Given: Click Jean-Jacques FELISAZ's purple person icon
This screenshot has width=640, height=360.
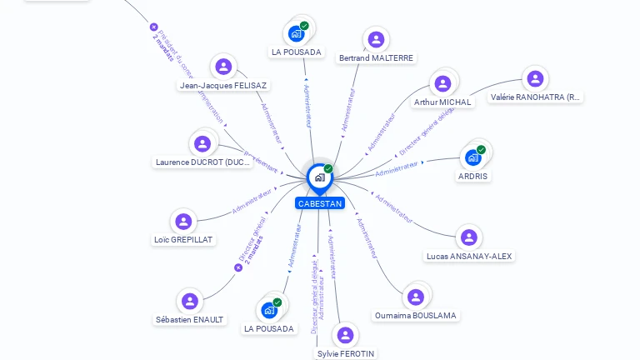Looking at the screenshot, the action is (223, 67).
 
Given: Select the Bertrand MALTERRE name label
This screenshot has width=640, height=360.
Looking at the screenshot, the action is (376, 57).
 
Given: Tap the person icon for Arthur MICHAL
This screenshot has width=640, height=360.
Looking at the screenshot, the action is (442, 83).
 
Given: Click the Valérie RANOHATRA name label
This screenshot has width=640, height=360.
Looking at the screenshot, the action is (535, 97).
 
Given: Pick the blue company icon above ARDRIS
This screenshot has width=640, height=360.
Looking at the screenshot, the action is (472, 157).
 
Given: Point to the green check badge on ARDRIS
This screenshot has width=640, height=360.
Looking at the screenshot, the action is (481, 150).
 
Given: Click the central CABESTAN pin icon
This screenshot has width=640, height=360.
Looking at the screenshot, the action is (318, 177).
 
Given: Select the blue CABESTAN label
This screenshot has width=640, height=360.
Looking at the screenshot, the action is (319, 203).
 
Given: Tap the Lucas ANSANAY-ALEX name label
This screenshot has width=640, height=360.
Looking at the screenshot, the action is (468, 256).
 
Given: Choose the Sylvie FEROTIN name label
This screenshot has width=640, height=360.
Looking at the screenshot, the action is (346, 353).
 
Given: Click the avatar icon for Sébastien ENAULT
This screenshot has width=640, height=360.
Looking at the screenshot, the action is (190, 302).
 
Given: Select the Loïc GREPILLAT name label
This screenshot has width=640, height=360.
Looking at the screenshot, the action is (183, 239).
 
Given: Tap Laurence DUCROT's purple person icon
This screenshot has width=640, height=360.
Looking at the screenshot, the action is (202, 143).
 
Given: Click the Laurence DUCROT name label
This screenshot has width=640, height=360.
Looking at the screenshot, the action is (202, 162).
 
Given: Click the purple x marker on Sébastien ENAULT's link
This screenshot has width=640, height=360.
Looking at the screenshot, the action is (238, 267).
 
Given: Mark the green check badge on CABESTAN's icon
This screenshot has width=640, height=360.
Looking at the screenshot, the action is (328, 169).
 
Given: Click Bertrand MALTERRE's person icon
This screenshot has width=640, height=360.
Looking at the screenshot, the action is (376, 38).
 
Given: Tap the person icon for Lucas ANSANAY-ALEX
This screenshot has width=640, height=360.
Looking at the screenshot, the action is (468, 237).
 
